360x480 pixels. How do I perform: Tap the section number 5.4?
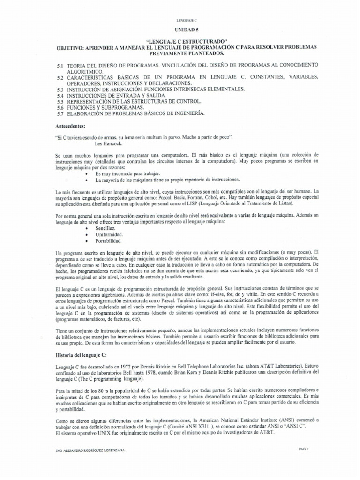[60, 95]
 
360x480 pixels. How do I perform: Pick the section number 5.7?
[60, 114]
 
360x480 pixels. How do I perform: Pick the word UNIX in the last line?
[104, 432]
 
